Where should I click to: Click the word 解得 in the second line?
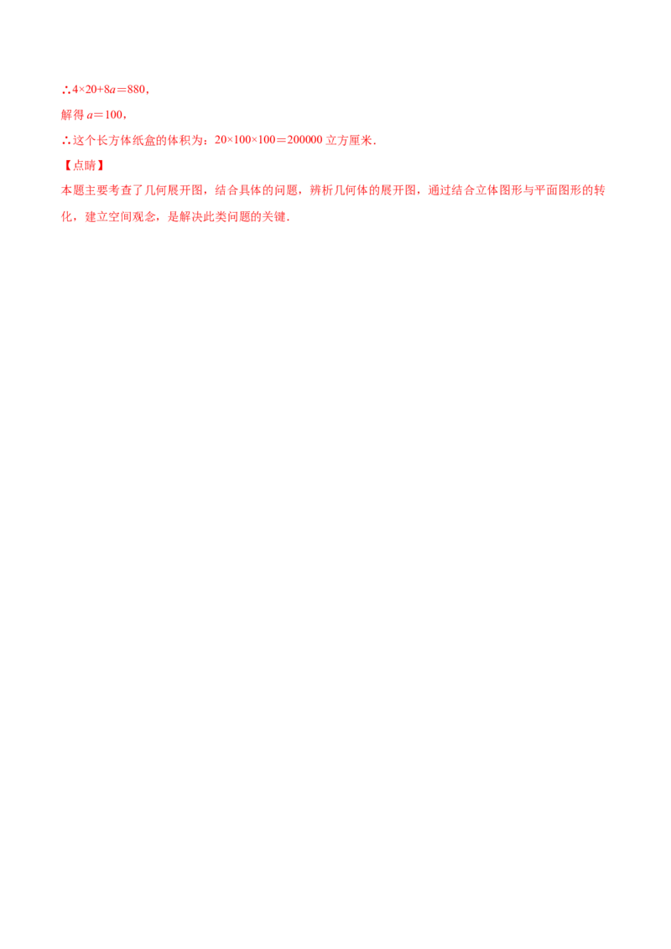tap(70, 114)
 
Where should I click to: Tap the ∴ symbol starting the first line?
tap(65, 89)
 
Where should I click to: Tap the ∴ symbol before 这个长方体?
tap(65, 141)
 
